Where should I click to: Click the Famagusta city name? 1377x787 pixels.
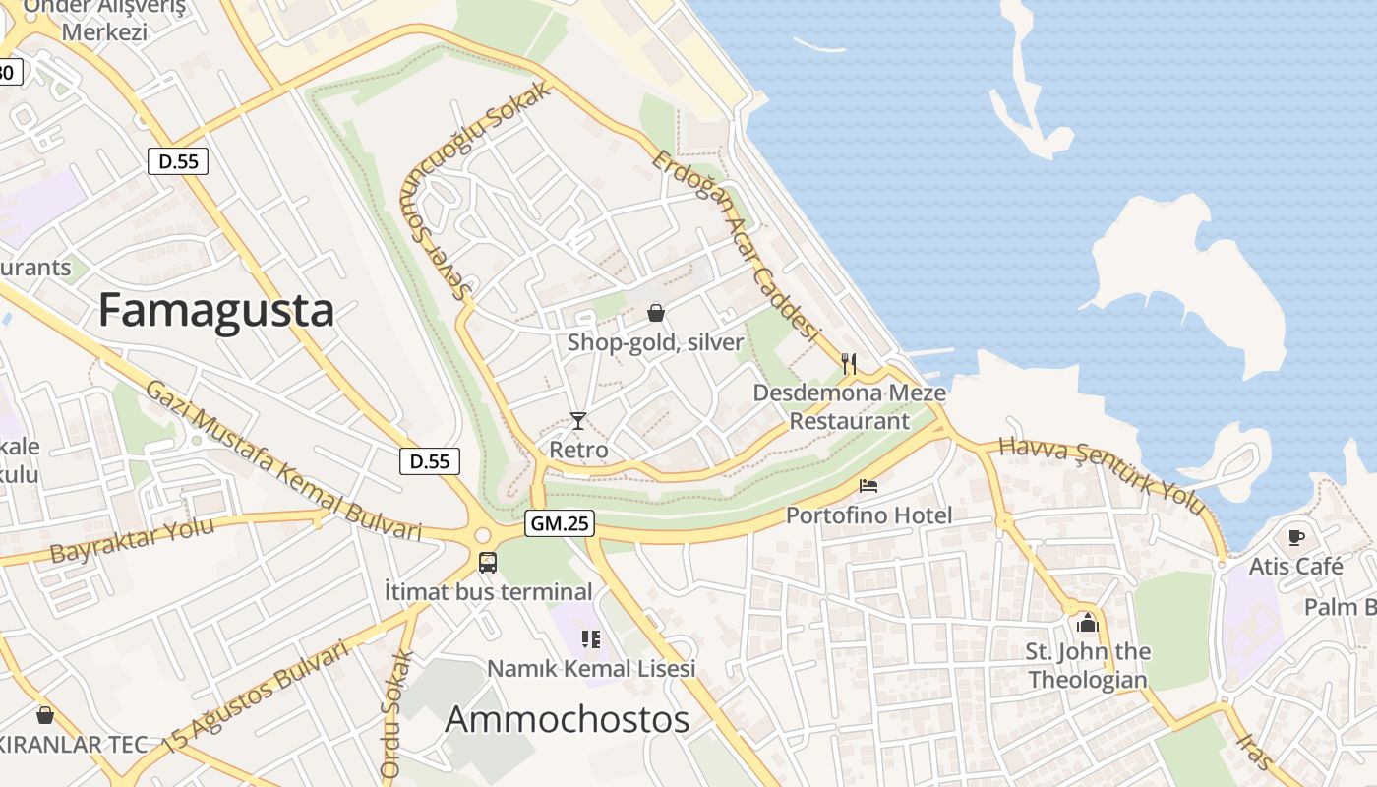point(216,310)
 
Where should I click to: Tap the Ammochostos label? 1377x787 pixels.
point(568,719)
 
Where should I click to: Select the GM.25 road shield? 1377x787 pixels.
point(560,523)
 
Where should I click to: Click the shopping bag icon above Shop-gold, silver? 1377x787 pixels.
point(655,314)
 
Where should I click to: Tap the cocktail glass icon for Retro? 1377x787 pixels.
point(578,421)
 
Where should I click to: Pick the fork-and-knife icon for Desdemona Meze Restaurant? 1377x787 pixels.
point(850,364)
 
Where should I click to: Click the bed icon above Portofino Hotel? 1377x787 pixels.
point(868,486)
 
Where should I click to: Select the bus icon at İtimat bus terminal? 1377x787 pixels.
point(488,563)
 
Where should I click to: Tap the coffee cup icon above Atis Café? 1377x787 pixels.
point(1296,537)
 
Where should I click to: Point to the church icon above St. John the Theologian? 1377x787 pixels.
point(1087,623)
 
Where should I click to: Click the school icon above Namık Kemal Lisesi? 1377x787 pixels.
point(591,639)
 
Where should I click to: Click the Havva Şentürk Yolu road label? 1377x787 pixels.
point(1103,475)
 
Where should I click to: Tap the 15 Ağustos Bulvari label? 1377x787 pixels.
point(258,696)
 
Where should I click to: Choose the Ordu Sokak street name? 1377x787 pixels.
point(392,714)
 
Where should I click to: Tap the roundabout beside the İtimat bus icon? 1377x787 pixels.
point(482,535)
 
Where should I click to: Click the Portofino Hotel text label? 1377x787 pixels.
point(868,515)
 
